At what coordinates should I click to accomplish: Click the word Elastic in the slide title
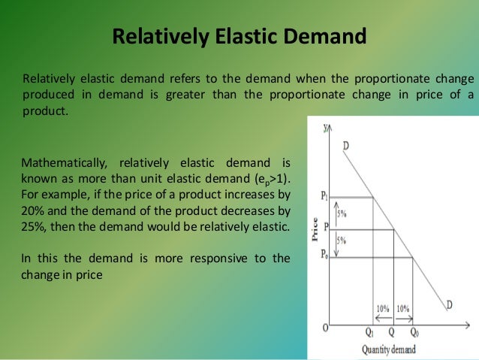(x=242, y=36)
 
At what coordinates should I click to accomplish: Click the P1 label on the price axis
(x=324, y=197)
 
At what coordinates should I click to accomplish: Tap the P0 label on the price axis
(x=324, y=257)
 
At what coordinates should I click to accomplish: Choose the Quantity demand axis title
(x=387, y=349)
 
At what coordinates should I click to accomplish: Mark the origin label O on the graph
(x=325, y=328)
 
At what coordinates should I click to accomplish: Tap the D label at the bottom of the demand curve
(x=450, y=304)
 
